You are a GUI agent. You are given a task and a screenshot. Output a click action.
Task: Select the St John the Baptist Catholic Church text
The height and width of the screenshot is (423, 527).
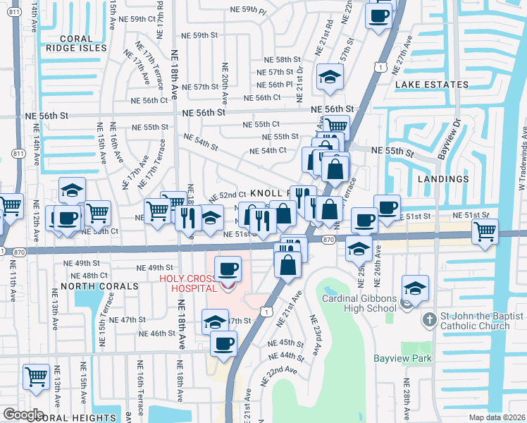point(475,321)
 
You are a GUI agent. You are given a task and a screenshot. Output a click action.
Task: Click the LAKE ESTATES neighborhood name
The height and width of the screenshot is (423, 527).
point(431,85)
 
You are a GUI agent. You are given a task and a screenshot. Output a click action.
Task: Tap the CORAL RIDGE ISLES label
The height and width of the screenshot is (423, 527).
point(73,44)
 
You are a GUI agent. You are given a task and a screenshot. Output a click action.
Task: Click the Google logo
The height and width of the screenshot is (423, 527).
point(23,414)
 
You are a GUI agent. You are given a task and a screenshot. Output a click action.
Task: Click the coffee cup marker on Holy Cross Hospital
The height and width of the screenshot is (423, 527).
point(228,269)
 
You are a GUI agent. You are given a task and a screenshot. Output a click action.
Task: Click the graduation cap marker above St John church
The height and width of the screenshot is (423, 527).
point(415,288)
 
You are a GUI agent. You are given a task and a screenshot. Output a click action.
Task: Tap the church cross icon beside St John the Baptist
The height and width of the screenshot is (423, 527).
point(429,321)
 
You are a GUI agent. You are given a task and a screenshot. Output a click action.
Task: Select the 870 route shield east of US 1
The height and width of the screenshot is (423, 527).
point(328,240)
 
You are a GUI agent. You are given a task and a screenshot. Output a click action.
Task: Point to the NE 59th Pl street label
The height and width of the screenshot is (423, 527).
point(249,10)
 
